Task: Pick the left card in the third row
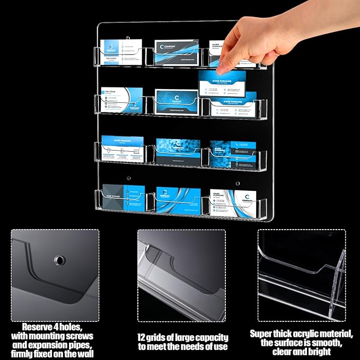tap(122, 148)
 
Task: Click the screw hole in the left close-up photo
tap(58, 260)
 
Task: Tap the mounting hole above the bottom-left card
tap(128, 178)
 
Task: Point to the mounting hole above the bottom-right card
tap(237, 183)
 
